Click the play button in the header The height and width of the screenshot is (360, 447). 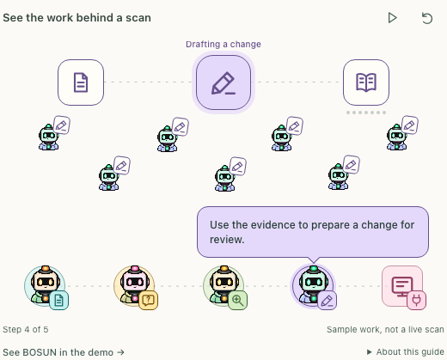tap(392, 18)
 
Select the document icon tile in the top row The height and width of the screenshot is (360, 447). tap(81, 82)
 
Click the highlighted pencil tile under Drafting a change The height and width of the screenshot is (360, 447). tap(223, 82)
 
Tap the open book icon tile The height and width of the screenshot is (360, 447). tap(366, 82)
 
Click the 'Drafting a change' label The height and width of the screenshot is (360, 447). tap(223, 44)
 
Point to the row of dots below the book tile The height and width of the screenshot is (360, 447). tap(366, 113)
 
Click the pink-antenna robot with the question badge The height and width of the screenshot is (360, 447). tap(134, 286)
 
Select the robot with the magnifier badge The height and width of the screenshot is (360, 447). tap(223, 286)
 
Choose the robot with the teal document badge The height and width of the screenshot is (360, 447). tap(45, 286)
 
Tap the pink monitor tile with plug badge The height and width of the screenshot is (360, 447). tap(402, 286)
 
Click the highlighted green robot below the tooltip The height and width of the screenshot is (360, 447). tap(313, 286)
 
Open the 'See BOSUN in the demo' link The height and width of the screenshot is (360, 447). tap(64, 352)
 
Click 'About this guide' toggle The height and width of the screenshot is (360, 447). tap(406, 351)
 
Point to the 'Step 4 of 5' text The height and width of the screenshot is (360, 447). tap(26, 329)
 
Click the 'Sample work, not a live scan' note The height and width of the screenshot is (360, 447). tap(385, 329)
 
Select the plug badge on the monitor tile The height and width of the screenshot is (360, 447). tap(416, 300)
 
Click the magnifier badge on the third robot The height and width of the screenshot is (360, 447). tap(237, 300)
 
